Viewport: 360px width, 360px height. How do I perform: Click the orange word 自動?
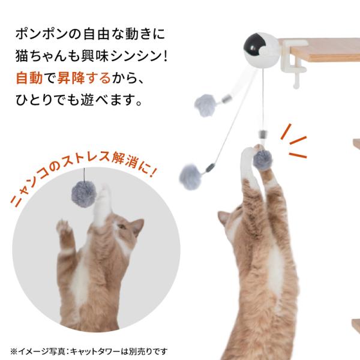(29, 78)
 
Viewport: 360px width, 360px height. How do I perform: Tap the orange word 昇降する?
(84, 78)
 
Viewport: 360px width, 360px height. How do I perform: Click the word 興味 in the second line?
(95, 56)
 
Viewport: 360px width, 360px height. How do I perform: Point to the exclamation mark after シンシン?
(166, 56)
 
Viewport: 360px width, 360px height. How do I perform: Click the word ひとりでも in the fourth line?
(47, 100)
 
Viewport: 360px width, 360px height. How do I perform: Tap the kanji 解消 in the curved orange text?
(126, 160)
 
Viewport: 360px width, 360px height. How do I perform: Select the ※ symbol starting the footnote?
(14, 352)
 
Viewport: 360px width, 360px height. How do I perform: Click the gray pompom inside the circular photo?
(84, 194)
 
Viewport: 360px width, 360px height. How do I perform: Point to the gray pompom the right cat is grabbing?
(262, 159)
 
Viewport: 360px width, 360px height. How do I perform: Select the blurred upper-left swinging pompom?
(205, 106)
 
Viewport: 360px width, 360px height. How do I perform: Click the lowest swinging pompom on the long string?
(190, 177)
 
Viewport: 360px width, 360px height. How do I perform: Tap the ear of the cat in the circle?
(138, 226)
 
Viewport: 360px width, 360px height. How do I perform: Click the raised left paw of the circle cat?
(64, 227)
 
